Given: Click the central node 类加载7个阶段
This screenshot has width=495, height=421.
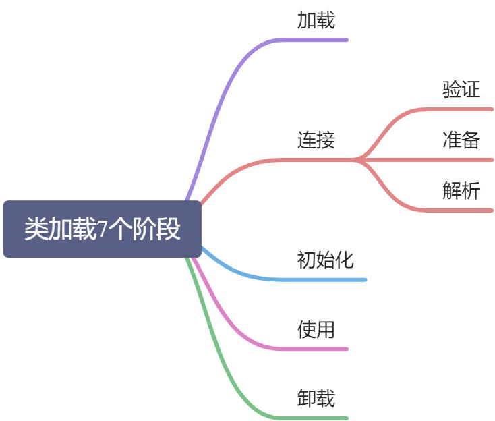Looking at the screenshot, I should (x=103, y=229).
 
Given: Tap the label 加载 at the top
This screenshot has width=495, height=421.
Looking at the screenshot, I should (x=316, y=21).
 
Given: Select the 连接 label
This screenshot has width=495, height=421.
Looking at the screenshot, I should (x=316, y=140).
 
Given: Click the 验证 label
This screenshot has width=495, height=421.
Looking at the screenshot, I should (x=461, y=90).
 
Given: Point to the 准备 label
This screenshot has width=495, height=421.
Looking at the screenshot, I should (x=461, y=140).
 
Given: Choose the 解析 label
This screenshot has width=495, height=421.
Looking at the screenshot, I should (x=461, y=191).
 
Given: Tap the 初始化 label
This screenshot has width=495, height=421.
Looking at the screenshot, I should (x=326, y=260).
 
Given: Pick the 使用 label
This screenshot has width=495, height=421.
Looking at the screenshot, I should (x=316, y=330).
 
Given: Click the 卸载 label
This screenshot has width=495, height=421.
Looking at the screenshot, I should (x=316, y=398).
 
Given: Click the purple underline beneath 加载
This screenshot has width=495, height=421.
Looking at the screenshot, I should (x=317, y=40).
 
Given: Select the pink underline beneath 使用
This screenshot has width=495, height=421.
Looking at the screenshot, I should (x=317, y=349).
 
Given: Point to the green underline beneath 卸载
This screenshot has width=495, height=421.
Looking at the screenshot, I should (x=317, y=418).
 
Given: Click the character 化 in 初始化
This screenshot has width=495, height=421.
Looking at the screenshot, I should (x=345, y=260).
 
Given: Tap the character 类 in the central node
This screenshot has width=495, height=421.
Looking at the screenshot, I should (x=36, y=229).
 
